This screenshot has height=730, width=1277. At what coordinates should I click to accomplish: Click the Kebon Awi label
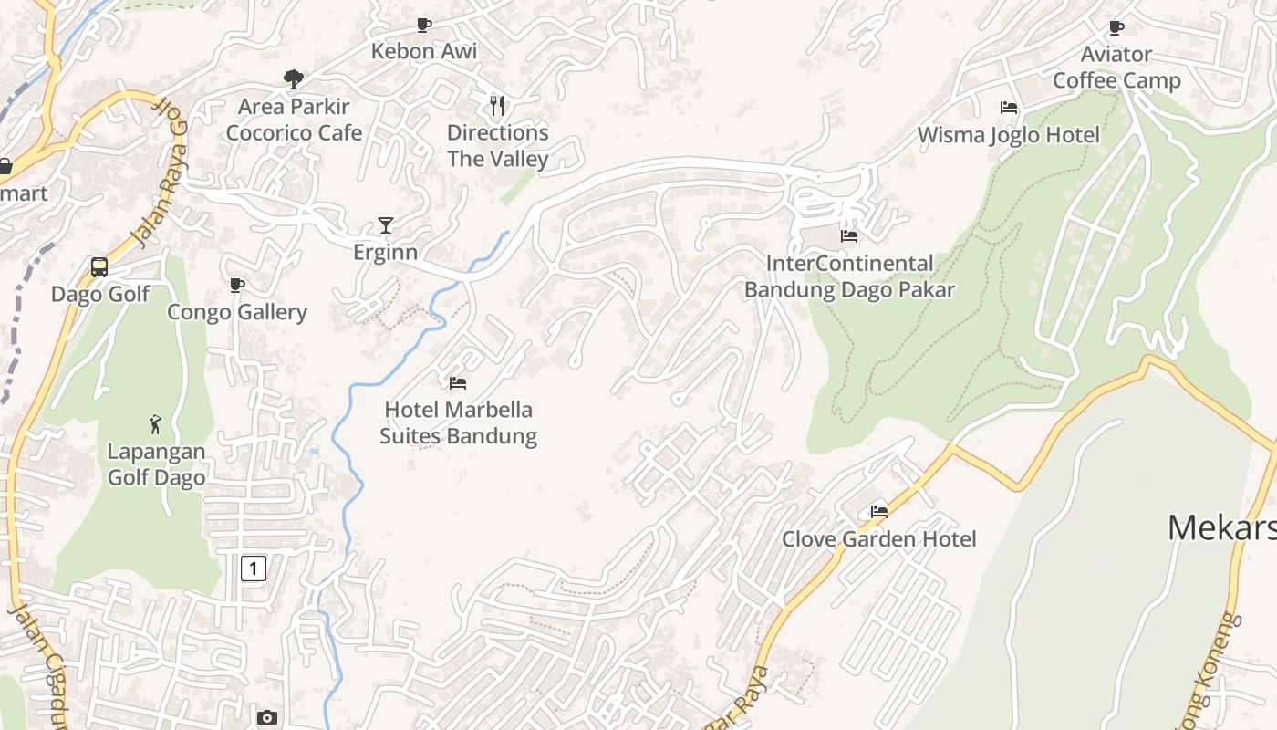(423, 51)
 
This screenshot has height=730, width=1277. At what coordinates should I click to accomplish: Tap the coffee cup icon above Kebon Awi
(423, 25)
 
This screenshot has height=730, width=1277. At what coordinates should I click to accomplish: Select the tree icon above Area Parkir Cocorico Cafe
(294, 79)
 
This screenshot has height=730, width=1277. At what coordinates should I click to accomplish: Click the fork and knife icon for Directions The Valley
(497, 106)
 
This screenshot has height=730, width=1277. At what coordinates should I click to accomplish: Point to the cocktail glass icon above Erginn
(386, 225)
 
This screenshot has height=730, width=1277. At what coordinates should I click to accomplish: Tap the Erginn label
(385, 252)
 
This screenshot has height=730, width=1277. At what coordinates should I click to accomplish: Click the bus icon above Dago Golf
(99, 267)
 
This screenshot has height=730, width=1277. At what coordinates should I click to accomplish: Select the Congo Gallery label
(237, 312)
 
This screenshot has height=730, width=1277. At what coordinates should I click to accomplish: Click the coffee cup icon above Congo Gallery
(237, 286)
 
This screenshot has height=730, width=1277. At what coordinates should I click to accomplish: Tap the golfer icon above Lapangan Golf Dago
(155, 424)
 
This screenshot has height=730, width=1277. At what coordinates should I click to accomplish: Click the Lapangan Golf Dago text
(157, 464)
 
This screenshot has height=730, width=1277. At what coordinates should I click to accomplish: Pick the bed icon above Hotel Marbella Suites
(458, 383)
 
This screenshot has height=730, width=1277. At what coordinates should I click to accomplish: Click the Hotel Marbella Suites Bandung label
(458, 422)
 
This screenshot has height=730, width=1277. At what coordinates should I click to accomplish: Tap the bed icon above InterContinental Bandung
(849, 236)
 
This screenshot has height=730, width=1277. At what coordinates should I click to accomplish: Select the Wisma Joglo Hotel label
(1009, 135)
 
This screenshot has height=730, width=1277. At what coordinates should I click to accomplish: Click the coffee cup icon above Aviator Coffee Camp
(1116, 27)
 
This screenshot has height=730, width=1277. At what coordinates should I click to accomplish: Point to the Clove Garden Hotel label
(878, 538)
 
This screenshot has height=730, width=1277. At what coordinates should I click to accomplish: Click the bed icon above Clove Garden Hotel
(879, 512)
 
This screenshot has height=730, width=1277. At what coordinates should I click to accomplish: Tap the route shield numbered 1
(254, 569)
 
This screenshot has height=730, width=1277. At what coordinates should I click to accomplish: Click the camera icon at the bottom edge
(266, 718)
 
